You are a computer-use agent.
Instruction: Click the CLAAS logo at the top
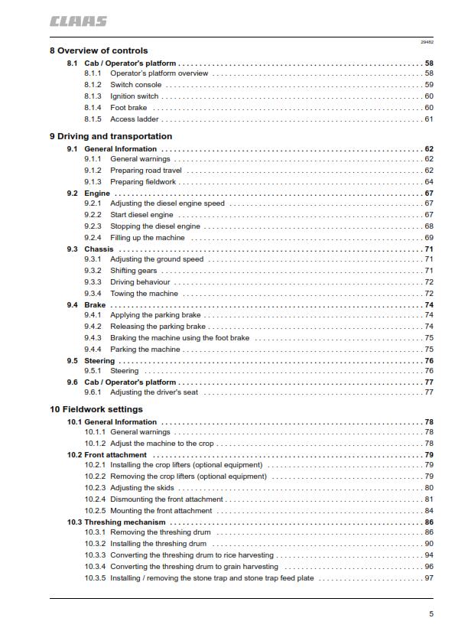(x=78, y=21)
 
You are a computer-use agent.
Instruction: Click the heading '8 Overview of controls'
(x=99, y=51)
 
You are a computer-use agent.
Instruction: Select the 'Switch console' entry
(x=135, y=85)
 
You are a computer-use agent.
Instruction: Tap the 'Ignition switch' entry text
(x=135, y=96)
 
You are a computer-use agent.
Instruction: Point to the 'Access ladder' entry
(x=134, y=119)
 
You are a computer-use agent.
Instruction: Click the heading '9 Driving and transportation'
(x=110, y=137)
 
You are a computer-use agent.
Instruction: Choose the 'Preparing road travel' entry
(x=146, y=171)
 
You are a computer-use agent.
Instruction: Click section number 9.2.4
(x=93, y=238)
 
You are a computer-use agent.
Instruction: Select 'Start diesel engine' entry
(x=141, y=216)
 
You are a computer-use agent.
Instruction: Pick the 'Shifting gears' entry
(x=134, y=271)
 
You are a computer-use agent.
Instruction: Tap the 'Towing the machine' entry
(x=144, y=294)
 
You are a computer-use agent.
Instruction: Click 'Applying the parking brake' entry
(x=155, y=315)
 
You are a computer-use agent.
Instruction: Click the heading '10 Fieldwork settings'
(x=96, y=410)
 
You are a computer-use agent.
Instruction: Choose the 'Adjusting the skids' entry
(x=142, y=488)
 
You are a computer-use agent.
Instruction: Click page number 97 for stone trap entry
(x=428, y=578)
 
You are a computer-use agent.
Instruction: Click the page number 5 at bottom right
(x=431, y=614)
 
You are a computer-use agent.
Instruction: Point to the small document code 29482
(x=427, y=43)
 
